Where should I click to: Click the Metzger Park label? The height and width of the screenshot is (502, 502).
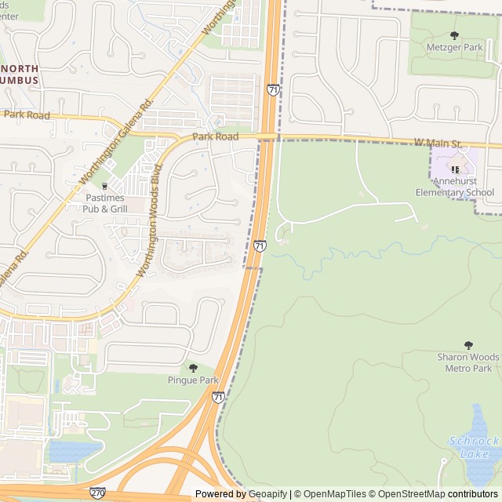454,48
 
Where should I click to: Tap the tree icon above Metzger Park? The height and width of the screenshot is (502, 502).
454,35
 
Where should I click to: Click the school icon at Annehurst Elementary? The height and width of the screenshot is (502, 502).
455,169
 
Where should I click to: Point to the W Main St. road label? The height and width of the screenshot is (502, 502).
438,144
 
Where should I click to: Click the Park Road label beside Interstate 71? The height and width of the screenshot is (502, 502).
216,136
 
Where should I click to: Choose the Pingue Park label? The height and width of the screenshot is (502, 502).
193,380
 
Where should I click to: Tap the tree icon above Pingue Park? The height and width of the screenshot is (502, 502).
193,368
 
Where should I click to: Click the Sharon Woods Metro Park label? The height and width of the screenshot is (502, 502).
468,362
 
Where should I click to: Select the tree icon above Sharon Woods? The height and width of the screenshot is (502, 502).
468,345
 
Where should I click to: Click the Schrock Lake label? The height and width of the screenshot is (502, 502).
474,447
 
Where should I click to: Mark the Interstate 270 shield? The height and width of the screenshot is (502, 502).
98,493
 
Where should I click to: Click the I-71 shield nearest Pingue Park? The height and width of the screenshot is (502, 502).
218,398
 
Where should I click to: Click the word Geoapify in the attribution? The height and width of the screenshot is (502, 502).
267,494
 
